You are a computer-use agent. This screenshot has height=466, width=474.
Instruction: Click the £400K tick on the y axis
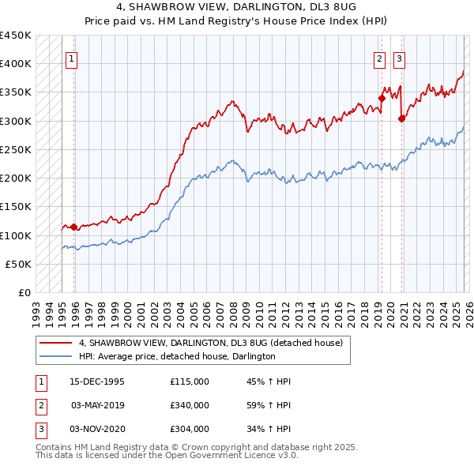coord(16,63)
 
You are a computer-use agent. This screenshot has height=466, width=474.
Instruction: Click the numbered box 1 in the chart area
coord(71,58)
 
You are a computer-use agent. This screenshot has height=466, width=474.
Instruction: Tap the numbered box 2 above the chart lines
coord(379,58)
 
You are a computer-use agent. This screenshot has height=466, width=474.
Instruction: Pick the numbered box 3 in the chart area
coord(399,58)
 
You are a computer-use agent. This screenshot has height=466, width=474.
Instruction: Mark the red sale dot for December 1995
coord(74,227)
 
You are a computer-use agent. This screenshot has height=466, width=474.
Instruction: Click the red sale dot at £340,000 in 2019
coord(381,98)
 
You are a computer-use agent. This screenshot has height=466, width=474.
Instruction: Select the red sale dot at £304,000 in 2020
coord(402,118)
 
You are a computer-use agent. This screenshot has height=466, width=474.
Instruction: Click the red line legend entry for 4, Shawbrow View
coord(210,344)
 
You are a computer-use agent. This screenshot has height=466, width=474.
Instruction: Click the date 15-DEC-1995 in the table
coord(97,381)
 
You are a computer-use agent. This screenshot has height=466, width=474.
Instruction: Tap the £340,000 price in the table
coord(189,405)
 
